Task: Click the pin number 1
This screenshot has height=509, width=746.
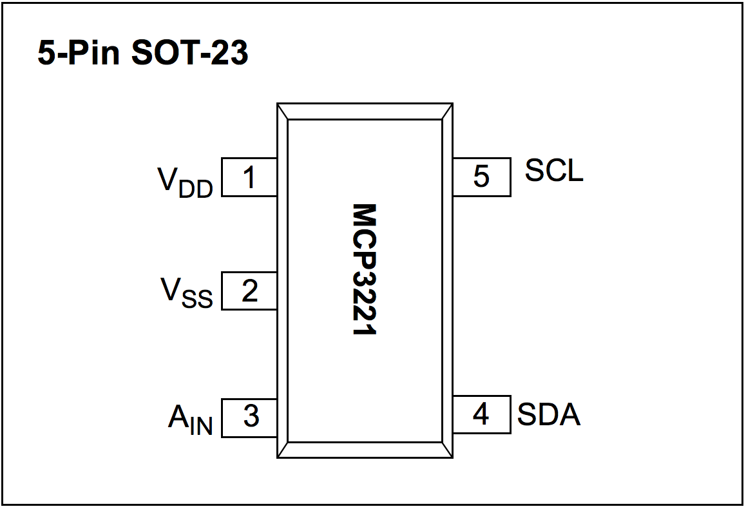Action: [249, 177]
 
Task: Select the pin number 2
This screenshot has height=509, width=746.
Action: [249, 291]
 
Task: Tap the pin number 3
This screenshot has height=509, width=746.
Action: [251, 417]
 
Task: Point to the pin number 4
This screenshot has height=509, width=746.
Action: [481, 414]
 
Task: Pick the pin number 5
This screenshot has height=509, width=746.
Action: [481, 177]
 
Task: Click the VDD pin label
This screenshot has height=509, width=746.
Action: [185, 182]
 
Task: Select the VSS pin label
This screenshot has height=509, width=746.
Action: [186, 293]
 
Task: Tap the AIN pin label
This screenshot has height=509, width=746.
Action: [190, 420]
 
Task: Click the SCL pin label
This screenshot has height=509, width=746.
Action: [554, 170]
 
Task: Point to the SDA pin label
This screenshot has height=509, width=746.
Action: [549, 415]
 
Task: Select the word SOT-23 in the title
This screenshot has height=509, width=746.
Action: [189, 53]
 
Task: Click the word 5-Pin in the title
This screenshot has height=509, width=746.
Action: [79, 53]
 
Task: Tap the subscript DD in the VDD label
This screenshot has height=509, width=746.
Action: [196, 189]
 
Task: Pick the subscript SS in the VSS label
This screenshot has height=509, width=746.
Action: [197, 300]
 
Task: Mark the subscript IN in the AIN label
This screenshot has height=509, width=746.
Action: [202, 427]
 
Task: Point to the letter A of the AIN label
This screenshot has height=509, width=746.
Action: [178, 417]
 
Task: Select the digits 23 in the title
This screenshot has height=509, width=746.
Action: [230, 53]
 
